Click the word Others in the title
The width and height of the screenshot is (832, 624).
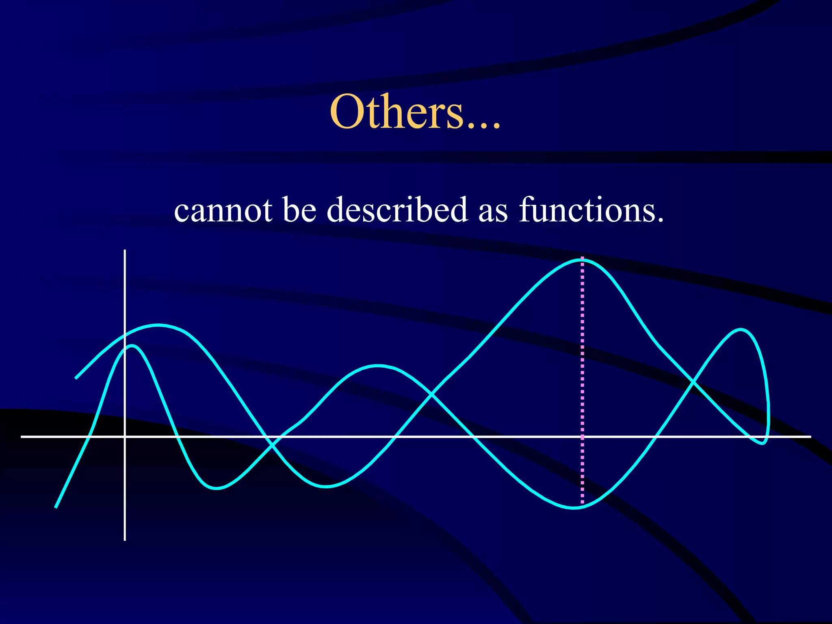pos(396,111)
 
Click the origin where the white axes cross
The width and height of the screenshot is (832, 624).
pos(125,436)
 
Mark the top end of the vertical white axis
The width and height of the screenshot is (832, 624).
pos(125,251)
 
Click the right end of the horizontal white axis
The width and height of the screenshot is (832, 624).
pos(810,436)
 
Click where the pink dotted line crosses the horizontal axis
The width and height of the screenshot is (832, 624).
pos(582,436)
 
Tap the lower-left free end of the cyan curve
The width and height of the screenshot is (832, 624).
pos(56,507)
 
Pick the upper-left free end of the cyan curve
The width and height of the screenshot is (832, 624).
pos(76,378)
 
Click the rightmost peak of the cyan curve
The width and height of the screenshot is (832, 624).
pos(741,329)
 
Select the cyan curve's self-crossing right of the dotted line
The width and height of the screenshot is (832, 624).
pos(692,382)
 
